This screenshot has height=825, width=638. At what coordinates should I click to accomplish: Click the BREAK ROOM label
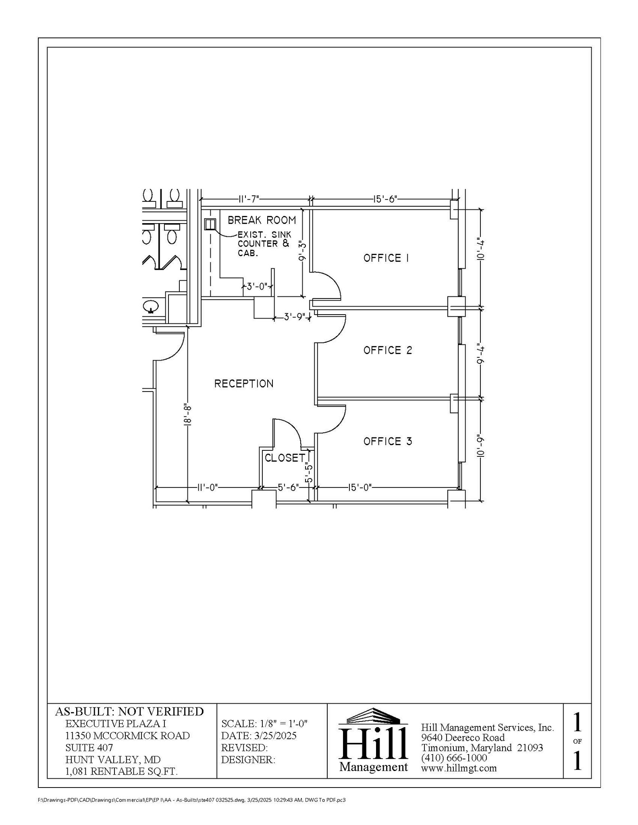click(262, 220)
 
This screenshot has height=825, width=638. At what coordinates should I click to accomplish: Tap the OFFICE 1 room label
click(386, 258)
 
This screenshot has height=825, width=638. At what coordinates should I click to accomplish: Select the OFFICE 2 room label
click(388, 350)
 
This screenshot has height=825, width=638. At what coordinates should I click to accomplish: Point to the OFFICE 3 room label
click(388, 442)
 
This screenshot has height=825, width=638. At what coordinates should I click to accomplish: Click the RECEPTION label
click(244, 383)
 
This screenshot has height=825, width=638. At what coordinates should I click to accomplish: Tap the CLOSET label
click(285, 458)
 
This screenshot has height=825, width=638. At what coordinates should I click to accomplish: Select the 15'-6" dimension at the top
click(385, 199)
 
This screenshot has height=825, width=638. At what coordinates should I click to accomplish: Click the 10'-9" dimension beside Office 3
click(480, 446)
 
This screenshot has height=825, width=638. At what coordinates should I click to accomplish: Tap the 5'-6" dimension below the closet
click(288, 487)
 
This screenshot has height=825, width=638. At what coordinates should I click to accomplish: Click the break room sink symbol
click(210, 224)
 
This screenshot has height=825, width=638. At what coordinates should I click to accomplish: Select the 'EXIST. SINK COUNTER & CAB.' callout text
click(264, 244)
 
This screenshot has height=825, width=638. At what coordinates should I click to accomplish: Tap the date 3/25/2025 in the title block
click(275, 736)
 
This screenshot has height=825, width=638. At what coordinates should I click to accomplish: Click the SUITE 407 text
click(89, 748)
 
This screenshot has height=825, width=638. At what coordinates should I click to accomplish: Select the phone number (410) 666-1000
click(454, 758)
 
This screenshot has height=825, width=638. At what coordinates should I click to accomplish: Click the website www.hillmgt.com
click(459, 768)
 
